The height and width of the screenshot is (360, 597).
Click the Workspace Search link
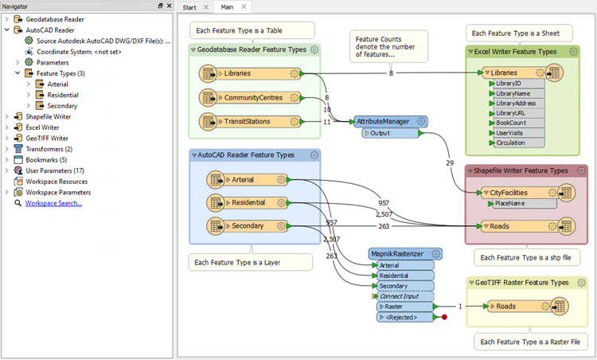(53, 203)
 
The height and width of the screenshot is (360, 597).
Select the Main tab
(227, 7)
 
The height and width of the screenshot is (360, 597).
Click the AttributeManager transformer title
(383, 121)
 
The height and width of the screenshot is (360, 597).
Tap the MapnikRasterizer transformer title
(397, 254)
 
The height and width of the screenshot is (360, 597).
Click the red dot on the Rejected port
(444, 317)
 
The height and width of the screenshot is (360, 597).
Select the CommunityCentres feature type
(253, 97)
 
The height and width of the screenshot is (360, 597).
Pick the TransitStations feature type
(247, 122)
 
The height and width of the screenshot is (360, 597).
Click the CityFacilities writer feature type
(509, 193)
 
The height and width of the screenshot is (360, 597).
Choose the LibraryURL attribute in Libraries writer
(510, 113)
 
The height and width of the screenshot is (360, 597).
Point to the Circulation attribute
(510, 143)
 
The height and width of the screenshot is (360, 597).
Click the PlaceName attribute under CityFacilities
(509, 203)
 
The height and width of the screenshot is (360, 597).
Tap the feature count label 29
(450, 163)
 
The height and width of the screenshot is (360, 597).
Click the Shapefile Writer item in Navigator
(48, 116)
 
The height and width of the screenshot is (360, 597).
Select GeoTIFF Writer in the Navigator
(47, 139)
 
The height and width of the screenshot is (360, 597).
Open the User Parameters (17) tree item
(55, 170)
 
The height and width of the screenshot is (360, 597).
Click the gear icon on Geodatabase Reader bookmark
(314, 49)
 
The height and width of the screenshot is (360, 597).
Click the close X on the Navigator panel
(169, 6)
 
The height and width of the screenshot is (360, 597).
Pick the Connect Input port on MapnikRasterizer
(399, 296)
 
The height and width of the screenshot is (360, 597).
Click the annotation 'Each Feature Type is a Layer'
(237, 263)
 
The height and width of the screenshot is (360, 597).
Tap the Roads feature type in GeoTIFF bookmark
(505, 307)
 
